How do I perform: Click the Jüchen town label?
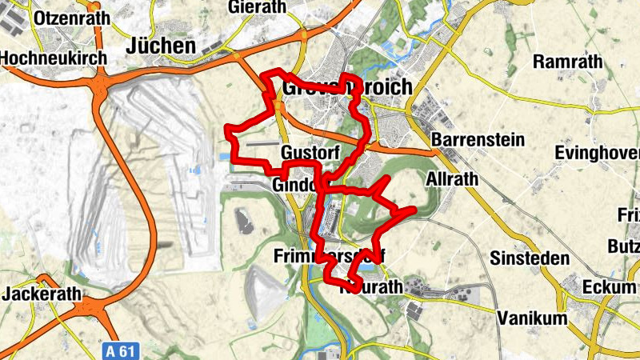point(161,46)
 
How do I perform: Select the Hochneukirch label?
point(49,58)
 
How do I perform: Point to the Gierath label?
point(256,7)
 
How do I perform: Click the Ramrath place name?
point(565,62)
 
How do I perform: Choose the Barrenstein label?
point(478,140)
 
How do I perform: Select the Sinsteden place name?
point(530,258)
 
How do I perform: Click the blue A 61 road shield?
point(118,350)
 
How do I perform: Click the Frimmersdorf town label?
point(329,257)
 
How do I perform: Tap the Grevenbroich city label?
point(347,86)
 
